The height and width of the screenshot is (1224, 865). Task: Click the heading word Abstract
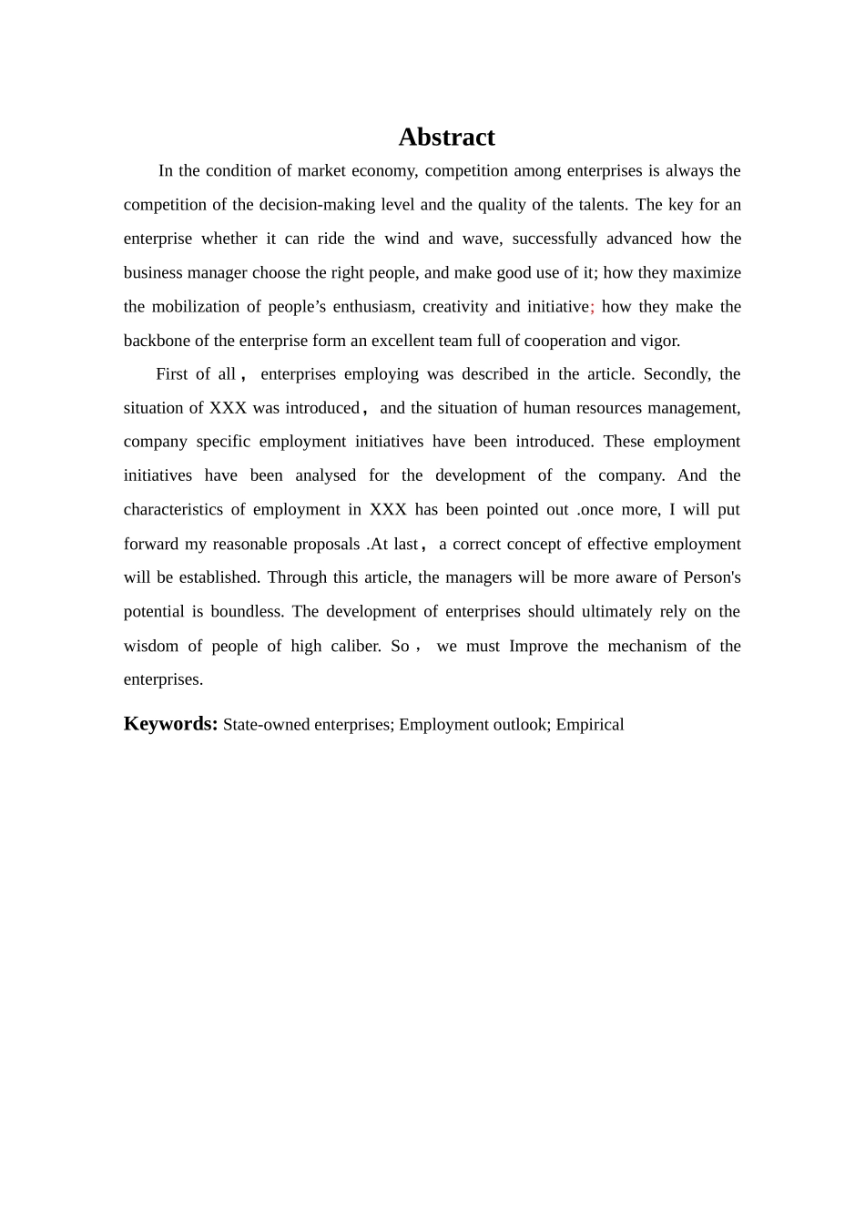[446, 137]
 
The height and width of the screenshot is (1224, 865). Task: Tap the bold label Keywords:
[170, 724]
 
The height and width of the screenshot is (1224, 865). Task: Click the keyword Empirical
[590, 725]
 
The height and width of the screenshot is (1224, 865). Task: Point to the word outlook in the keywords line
[519, 725]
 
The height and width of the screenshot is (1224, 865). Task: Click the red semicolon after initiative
[593, 307]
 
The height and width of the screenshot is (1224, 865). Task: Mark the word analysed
[325, 475]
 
